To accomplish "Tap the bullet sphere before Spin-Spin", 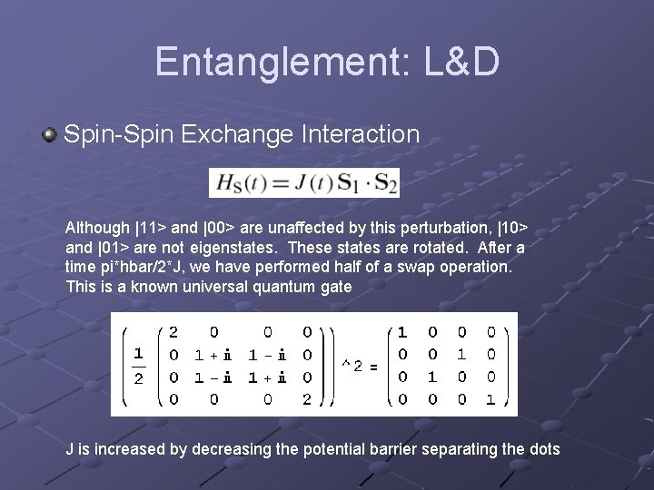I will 49,135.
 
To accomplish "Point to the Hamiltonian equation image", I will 303,183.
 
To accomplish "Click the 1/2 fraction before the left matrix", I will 138,366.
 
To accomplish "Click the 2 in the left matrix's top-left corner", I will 173,333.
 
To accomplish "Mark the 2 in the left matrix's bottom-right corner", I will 308,398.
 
